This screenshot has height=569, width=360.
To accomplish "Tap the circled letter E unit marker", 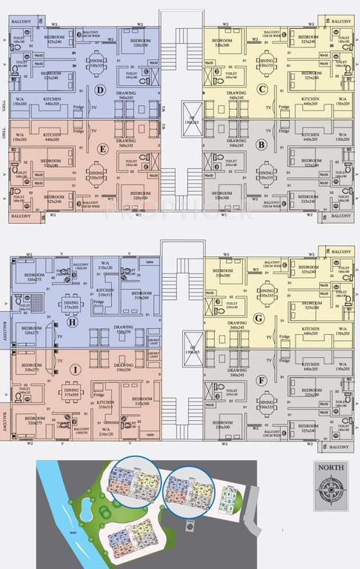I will pyautogui.click(x=99, y=147).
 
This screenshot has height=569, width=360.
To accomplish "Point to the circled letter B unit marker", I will pyautogui.click(x=261, y=146).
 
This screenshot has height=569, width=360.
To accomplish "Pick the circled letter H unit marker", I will pyautogui.click(x=71, y=321).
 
